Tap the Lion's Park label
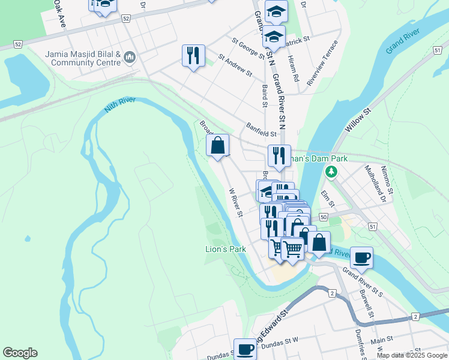point(226,249)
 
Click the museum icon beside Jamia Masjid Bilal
point(130,58)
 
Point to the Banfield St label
point(261,130)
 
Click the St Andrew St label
point(235,65)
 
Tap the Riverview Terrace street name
point(322,64)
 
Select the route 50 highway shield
point(324,217)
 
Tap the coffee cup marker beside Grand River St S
point(361,257)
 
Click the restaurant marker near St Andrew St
point(193,56)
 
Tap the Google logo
point(20,353)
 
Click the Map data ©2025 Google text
point(411,355)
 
